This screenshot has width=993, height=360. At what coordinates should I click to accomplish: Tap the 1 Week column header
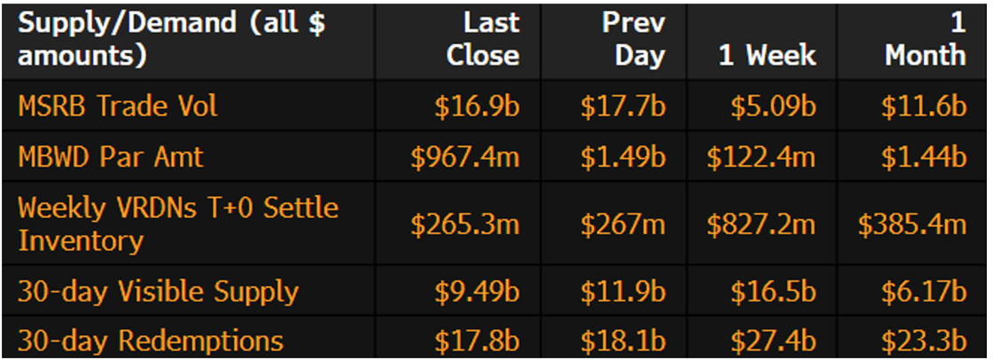pos(767,56)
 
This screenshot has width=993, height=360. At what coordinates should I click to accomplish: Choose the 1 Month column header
pos(925,40)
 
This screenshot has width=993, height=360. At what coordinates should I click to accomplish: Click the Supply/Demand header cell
pos(172,40)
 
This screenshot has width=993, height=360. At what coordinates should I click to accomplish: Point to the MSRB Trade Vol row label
pos(118,106)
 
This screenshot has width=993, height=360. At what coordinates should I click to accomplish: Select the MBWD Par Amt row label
pos(111,157)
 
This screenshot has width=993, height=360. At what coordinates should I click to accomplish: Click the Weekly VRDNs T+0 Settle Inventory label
pos(178,224)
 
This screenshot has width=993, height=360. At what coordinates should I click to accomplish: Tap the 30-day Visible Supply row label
pos(159,292)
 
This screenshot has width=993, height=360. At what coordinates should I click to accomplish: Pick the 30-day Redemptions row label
pos(151,340)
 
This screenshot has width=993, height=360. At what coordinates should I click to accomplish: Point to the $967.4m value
pos(465,157)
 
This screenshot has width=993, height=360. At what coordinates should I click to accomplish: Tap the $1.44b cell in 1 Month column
pos(923,157)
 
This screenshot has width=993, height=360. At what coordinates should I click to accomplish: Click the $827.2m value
pos(761,224)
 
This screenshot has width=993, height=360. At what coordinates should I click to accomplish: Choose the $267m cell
pos(622,224)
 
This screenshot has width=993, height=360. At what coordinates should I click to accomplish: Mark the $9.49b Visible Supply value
pos(476,292)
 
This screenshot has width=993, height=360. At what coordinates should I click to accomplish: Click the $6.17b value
pos(923,292)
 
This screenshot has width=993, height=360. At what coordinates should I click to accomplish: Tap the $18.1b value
pos(622,340)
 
